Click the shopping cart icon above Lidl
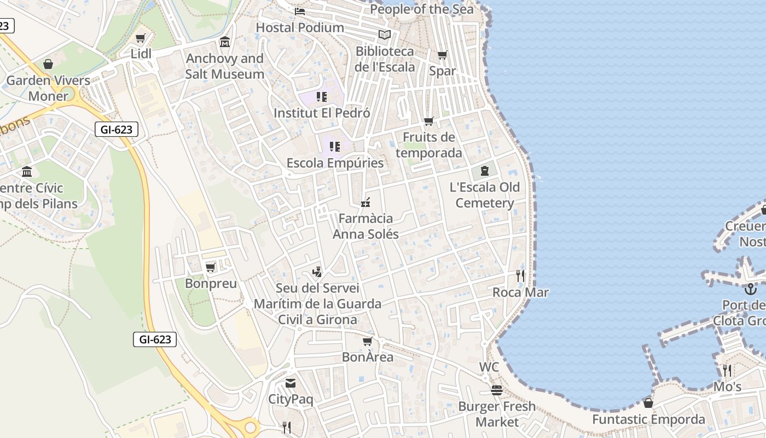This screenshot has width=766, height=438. point(141,38)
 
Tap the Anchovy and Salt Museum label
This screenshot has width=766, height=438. point(224,66)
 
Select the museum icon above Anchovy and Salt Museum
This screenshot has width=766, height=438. point(224,42)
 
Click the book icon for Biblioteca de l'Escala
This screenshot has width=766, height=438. point(385,34)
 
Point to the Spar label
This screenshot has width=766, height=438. point(442,71)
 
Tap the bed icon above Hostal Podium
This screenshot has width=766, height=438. point(299,11)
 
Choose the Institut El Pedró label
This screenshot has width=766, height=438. point(322,113)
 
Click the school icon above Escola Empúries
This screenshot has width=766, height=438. point(335,147)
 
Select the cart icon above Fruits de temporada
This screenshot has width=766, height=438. point(429,121)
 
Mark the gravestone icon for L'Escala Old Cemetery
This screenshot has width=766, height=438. point(484,171)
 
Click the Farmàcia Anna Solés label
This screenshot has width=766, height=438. point(365,226)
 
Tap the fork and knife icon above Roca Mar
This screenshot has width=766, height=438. point(520,276)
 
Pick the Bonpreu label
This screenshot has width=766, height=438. point(211,284)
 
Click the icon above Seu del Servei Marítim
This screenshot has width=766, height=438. point(317,272)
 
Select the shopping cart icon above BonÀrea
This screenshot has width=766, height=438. point(367,342)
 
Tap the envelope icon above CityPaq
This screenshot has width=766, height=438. point(290,383)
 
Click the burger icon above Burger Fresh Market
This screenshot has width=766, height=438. point(497,390)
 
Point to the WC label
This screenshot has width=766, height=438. point(489,367)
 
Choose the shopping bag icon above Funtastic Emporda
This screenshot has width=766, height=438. point(648,404)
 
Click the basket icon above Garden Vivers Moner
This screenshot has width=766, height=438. point(48,65)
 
